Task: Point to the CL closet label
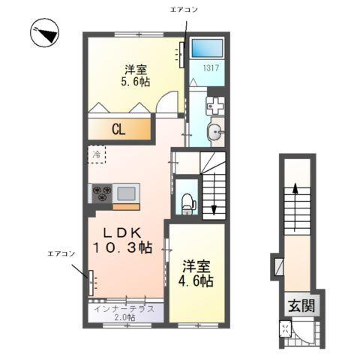[x=118, y=129]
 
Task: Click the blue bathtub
[x=206, y=50]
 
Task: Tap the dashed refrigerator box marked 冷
[x=97, y=154]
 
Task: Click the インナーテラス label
[x=124, y=309]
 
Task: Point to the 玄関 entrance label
[x=301, y=305]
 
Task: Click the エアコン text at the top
[x=184, y=8]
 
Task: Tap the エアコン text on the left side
[x=62, y=253]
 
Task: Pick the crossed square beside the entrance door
[x=286, y=328]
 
